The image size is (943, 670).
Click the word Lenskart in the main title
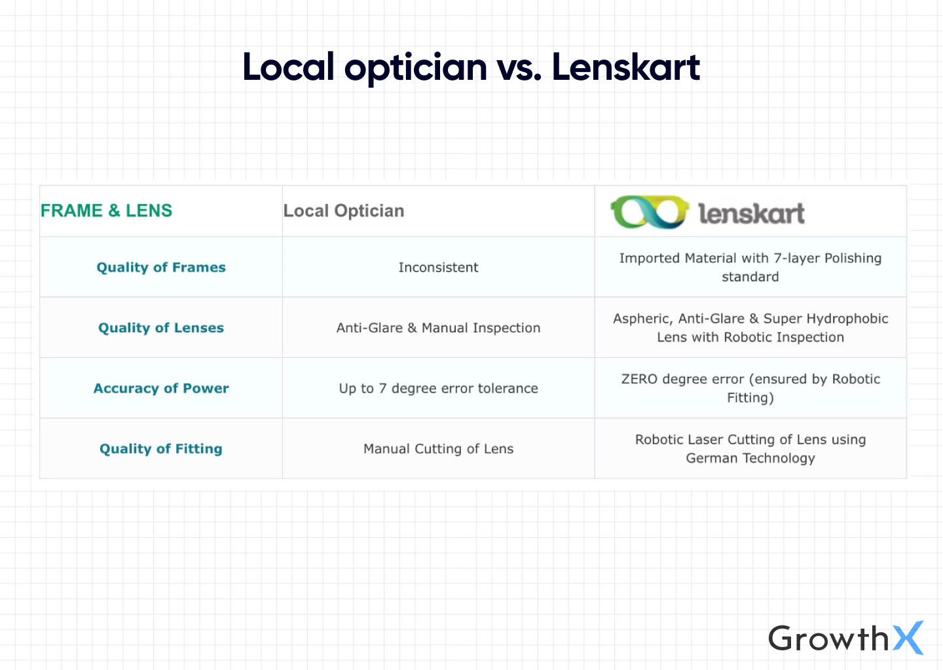coord(625,67)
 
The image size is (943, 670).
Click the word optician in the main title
coord(416,67)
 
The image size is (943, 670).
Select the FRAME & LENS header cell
coord(107,211)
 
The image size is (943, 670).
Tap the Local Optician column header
coord(344,211)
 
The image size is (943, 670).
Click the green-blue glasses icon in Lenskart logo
coord(649,212)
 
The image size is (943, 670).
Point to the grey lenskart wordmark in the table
coord(751,213)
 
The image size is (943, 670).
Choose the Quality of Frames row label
coord(161,267)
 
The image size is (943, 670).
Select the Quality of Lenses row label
coord(161,328)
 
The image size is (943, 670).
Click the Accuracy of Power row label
coord(161,388)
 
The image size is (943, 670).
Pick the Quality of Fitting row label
coord(161,449)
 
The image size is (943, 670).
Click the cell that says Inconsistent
coord(438,267)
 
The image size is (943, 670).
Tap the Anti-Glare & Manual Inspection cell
coord(438,328)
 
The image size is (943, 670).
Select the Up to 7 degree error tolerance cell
coord(438,388)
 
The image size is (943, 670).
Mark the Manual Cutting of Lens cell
coord(438,449)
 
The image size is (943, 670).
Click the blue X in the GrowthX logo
coord(908,638)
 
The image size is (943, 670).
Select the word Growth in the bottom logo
coord(828,638)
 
